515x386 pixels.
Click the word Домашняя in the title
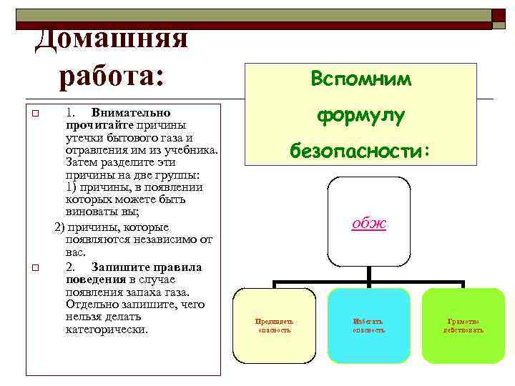(x=112, y=38)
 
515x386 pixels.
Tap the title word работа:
(x=111, y=76)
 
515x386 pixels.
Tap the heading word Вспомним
(x=361, y=79)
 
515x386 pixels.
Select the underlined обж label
(x=369, y=224)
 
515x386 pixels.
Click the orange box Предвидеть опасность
(x=275, y=325)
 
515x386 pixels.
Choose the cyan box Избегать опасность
(x=369, y=325)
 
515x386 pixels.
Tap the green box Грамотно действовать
(x=463, y=325)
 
